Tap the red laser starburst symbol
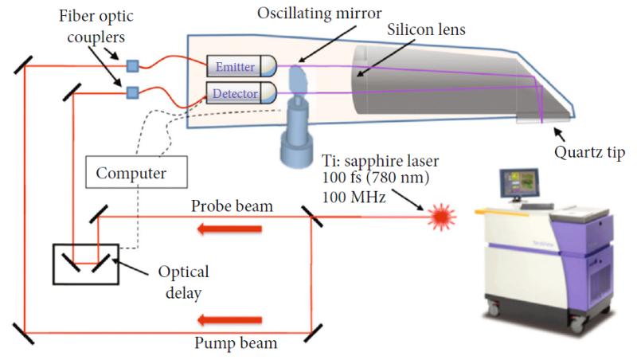[x=440, y=215]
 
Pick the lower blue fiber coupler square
[x=132, y=93]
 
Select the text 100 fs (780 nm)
[x=377, y=178]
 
